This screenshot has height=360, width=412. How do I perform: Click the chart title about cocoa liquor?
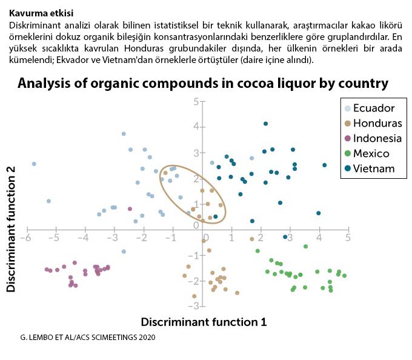(x=202, y=82)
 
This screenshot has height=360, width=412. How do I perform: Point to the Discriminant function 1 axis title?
(x=204, y=322)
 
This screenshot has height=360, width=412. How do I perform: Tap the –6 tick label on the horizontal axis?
(x=26, y=238)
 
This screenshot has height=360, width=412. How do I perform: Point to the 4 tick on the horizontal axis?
(x=319, y=238)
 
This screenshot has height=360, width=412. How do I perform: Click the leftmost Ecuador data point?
(x=34, y=164)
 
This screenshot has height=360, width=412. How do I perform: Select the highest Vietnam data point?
(x=265, y=124)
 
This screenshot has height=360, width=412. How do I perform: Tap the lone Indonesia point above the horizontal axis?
(x=130, y=208)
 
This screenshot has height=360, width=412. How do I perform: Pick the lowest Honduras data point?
(x=194, y=296)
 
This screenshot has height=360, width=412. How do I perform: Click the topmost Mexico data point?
(x=305, y=246)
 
